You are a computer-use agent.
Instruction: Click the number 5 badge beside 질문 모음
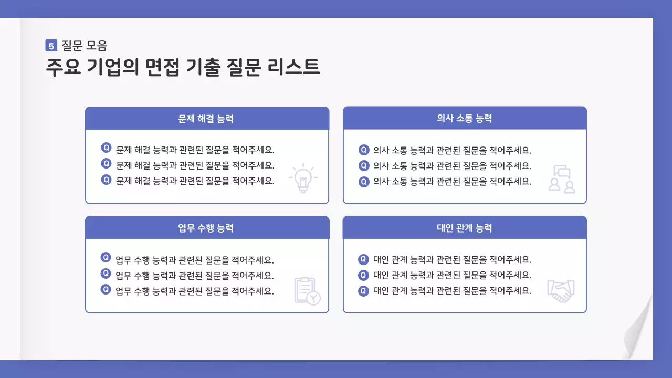[x=51, y=46]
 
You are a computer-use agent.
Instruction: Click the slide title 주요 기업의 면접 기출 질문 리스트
[x=183, y=68]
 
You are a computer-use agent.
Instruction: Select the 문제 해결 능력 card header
[x=207, y=119]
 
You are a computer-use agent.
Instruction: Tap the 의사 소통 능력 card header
[x=465, y=119]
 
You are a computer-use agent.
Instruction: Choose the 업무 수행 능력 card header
[x=207, y=228]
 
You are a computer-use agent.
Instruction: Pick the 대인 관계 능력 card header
[x=465, y=228]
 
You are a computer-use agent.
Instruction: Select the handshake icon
[x=561, y=291]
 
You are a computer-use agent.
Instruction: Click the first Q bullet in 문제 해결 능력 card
[x=106, y=148]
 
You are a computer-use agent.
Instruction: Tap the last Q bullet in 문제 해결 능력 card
[x=106, y=180]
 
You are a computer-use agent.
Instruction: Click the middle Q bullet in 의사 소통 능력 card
[x=364, y=166]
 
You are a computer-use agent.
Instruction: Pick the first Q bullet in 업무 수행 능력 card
[x=106, y=258]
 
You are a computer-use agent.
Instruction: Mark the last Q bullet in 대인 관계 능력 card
[x=364, y=291]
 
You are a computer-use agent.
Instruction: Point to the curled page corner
[x=638, y=331]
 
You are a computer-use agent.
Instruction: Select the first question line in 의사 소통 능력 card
[x=452, y=150]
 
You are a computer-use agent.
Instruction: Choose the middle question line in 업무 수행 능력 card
[x=195, y=275]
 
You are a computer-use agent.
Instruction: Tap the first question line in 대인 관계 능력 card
[x=452, y=259]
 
